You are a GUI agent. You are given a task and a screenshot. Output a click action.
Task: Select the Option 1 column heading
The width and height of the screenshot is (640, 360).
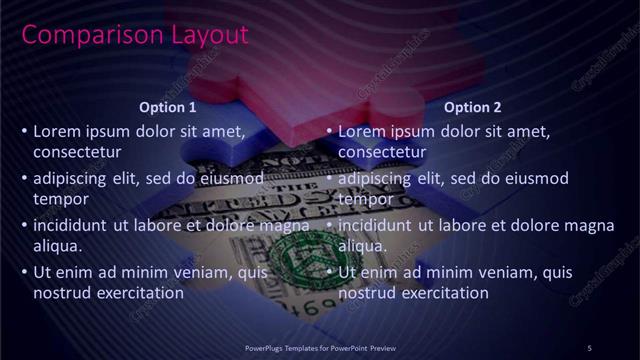[x=166, y=107]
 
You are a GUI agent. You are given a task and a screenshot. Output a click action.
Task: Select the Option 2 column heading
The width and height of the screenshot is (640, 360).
[x=472, y=107]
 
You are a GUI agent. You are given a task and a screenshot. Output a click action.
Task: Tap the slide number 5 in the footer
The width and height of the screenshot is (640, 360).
[x=589, y=347]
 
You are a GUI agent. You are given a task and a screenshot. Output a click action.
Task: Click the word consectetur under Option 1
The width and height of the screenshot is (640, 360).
[x=77, y=153]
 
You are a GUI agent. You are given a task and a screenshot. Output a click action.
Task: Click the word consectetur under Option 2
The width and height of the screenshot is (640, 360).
[x=382, y=153]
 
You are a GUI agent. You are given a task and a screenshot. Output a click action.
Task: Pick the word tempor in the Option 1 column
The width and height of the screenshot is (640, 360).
[x=60, y=200]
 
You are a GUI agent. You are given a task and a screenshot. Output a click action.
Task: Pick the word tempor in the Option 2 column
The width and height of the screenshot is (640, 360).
[x=365, y=200]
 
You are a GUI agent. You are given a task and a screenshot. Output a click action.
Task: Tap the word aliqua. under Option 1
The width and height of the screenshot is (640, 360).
[x=57, y=246]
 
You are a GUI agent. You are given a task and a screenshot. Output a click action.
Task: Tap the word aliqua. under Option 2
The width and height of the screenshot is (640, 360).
[x=363, y=246]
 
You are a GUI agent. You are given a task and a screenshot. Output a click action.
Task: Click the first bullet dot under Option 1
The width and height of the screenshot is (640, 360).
[x=24, y=131]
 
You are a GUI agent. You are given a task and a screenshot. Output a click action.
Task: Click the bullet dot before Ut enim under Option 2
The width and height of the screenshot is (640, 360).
[x=329, y=272]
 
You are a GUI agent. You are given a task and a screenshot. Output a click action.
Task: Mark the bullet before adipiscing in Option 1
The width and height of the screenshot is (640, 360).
[x=24, y=178]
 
